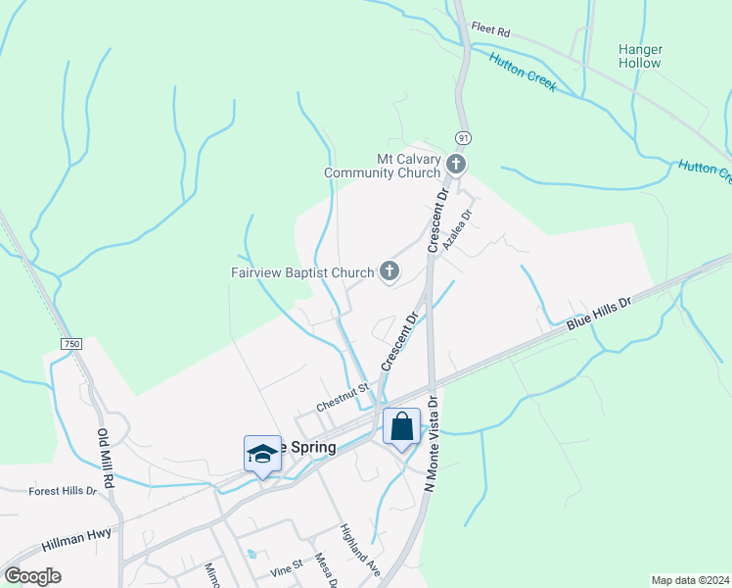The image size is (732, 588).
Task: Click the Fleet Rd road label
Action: (490, 31)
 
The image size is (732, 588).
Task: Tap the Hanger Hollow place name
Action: (641, 56)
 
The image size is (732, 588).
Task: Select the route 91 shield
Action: (462, 138)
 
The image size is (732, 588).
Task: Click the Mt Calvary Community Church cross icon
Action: (456, 165)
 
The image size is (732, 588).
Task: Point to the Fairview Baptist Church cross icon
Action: (389, 271)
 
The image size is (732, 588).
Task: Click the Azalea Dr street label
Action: (457, 229)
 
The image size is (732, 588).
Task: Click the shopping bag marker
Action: (401, 427)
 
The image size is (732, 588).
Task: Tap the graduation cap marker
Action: (262, 455)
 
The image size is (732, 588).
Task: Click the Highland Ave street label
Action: (359, 548)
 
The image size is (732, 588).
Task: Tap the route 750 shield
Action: (71, 344)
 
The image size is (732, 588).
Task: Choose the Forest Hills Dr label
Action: (63, 491)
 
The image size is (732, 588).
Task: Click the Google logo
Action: (32, 576)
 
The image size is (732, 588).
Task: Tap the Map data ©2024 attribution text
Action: (689, 580)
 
